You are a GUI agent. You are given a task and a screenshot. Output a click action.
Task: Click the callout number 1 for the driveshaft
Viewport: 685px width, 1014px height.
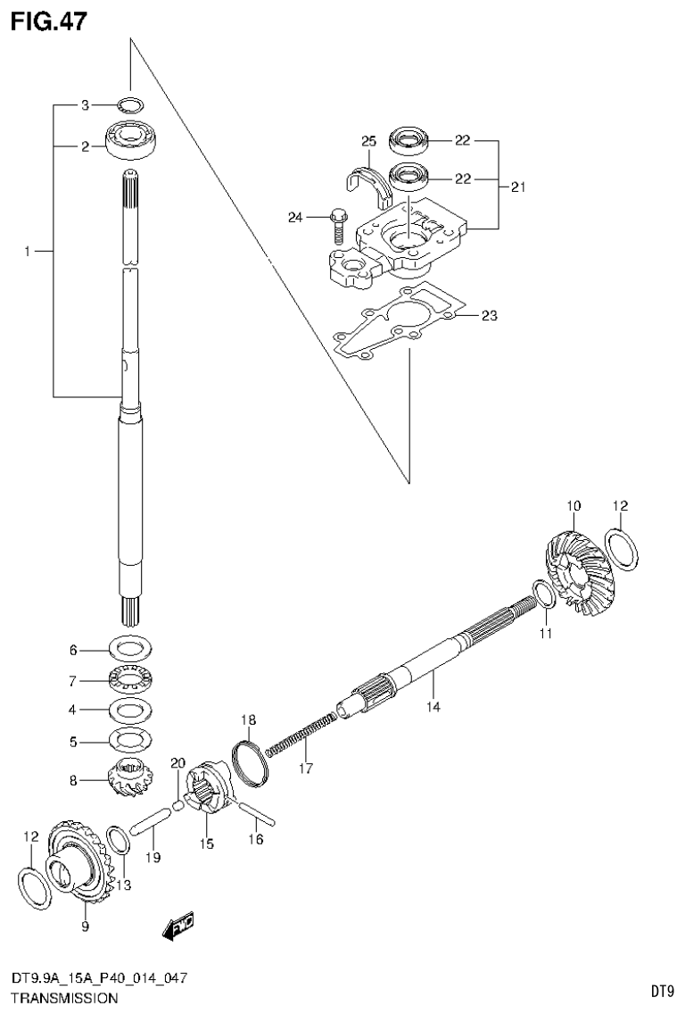(29, 253)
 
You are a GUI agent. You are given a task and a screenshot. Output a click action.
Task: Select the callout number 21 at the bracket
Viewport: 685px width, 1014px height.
(517, 187)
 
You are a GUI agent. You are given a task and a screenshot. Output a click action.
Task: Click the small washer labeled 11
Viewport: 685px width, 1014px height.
(542, 594)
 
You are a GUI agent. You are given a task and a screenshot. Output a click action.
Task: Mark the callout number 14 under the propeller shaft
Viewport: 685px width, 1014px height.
(433, 707)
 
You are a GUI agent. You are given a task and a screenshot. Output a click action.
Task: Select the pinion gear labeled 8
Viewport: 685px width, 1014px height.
(132, 778)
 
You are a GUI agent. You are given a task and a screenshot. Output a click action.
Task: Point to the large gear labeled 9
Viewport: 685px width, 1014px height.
(78, 861)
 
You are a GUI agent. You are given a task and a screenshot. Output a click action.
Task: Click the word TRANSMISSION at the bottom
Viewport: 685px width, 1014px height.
(63, 998)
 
